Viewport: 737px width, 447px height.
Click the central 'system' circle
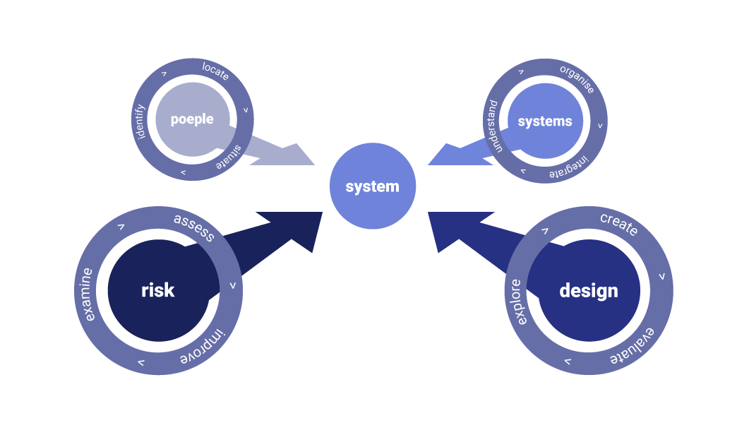pyautogui.click(x=373, y=186)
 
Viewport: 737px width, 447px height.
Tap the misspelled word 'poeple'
pyautogui.click(x=192, y=119)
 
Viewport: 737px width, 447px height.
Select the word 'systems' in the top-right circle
pyautogui.click(x=544, y=121)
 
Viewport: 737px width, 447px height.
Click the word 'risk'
pyautogui.click(x=157, y=290)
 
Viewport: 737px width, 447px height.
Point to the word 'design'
pyautogui.click(x=588, y=290)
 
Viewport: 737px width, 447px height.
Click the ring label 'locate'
pyautogui.click(x=215, y=71)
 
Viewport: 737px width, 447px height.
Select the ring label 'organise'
pyautogui.click(x=577, y=79)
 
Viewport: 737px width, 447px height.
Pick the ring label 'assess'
pyautogui.click(x=193, y=227)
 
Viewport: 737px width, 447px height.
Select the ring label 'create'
pyautogui.click(x=618, y=224)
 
